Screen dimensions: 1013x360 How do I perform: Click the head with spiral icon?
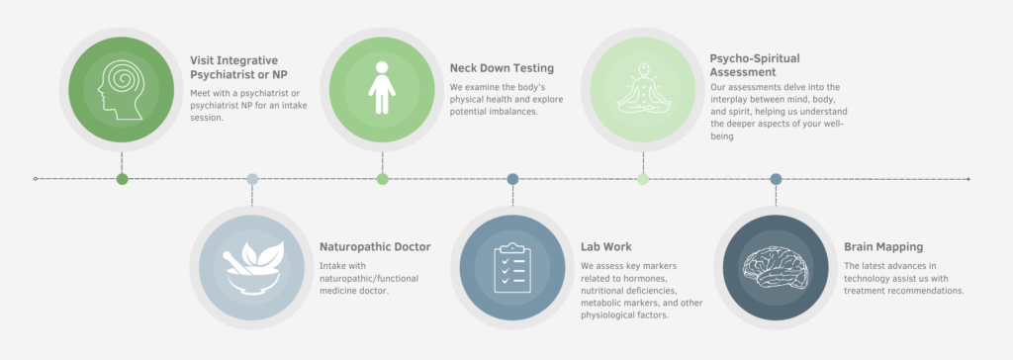[x=122, y=89]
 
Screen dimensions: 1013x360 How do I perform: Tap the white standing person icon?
[x=382, y=88]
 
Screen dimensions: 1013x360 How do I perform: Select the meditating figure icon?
[x=643, y=89]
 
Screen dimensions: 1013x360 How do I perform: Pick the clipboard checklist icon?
[x=512, y=268]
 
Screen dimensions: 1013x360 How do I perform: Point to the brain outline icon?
[x=776, y=268]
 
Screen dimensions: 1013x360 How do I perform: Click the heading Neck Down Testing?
[x=502, y=68]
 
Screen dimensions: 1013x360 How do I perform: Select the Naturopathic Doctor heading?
[x=375, y=247]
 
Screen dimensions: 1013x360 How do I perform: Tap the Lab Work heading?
[x=606, y=247]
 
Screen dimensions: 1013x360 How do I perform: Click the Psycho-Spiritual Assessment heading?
[x=755, y=64]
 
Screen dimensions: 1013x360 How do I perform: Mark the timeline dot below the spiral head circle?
[x=122, y=179]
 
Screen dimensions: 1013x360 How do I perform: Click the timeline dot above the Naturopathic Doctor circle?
[x=252, y=179]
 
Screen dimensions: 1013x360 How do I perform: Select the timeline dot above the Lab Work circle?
[x=512, y=179]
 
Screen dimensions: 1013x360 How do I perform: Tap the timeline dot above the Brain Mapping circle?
[x=776, y=179]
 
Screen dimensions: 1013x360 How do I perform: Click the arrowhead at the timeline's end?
[x=967, y=179]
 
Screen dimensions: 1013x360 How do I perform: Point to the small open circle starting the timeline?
[x=36, y=179]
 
